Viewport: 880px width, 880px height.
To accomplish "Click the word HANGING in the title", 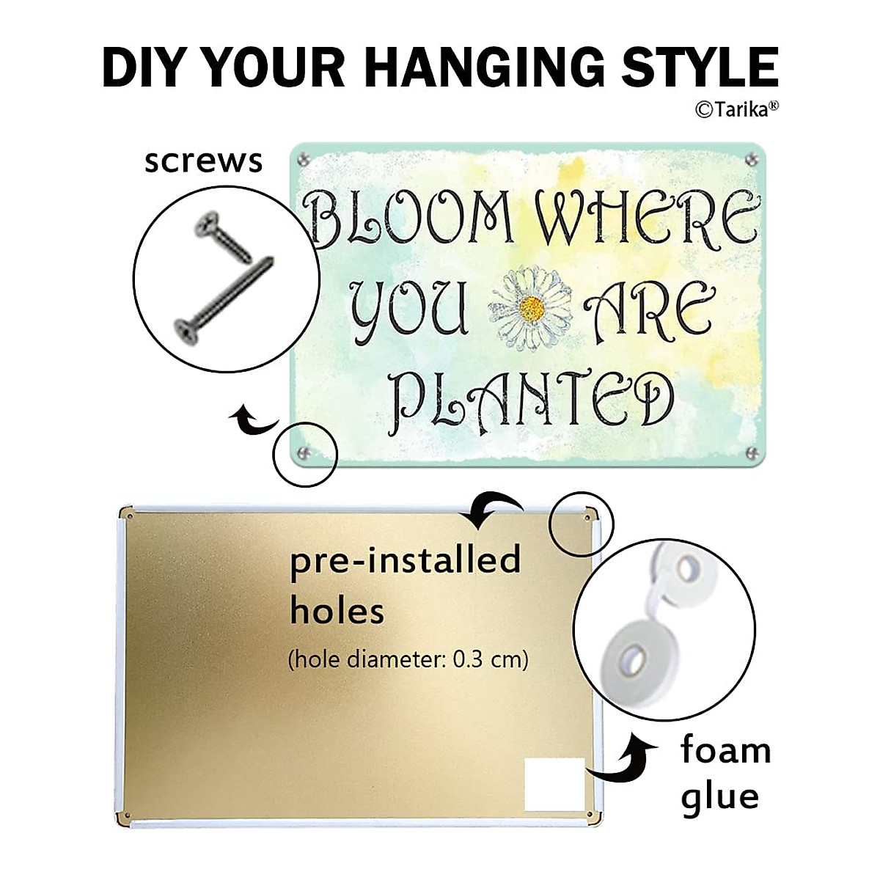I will click(x=485, y=67).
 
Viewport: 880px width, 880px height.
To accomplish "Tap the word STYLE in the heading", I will click(x=700, y=67).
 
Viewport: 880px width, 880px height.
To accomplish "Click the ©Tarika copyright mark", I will click(x=736, y=109).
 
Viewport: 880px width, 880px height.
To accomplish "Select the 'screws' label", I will click(x=203, y=161).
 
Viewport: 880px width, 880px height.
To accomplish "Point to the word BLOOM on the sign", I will click(x=411, y=218).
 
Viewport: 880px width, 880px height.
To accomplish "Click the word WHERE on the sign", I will click(x=646, y=218).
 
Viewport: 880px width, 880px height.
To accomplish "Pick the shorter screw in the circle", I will click(x=224, y=236).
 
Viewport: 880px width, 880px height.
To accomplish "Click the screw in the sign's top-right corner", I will click(x=752, y=157).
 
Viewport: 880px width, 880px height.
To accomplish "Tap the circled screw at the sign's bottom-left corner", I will click(x=305, y=452).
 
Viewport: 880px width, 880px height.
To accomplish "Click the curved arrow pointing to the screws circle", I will click(x=254, y=422).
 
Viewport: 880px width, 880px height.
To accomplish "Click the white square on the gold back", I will click(x=554, y=785).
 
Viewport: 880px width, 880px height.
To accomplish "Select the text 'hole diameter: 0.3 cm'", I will click(x=408, y=659).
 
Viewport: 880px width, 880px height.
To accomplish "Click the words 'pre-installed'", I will click(x=405, y=561).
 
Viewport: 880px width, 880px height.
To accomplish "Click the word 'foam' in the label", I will click(x=725, y=751).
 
